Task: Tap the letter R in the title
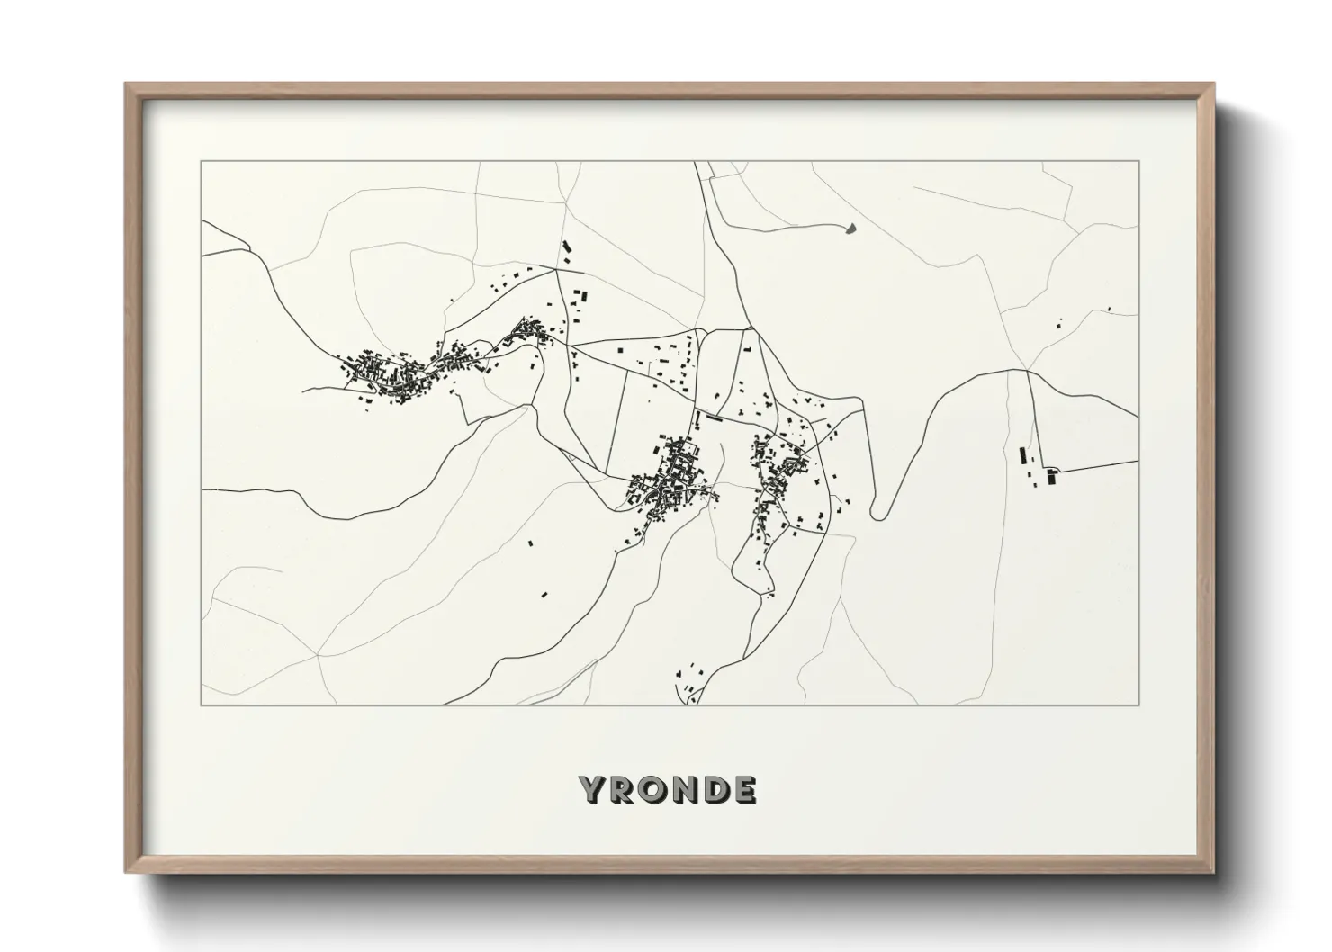pyautogui.click(x=625, y=789)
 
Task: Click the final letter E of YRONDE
pyautogui.click(x=744, y=789)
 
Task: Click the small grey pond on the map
pyautogui.click(x=850, y=229)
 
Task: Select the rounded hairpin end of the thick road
pyautogui.click(x=879, y=516)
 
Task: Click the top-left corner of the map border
pyautogui.click(x=202, y=162)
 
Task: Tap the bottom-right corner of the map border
pyautogui.click(x=1139, y=705)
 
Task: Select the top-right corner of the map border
pyautogui.click(x=1139, y=162)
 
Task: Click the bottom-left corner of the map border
pyautogui.click(x=202, y=705)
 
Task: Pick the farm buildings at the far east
pyautogui.click(x=1035, y=467)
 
